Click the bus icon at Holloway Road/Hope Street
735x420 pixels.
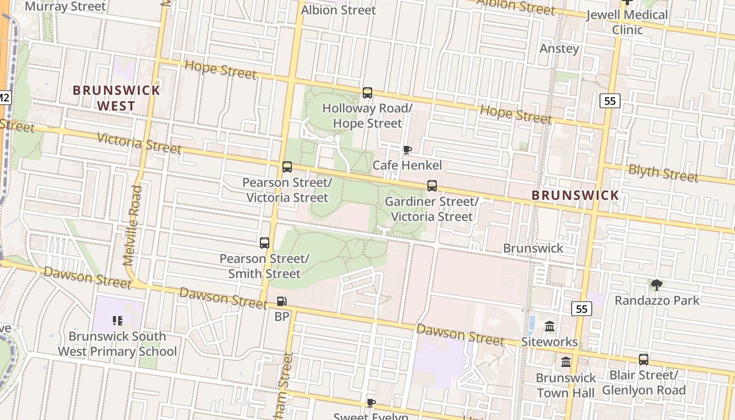tap(367, 93)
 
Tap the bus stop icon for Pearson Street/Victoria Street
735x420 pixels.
tap(287, 167)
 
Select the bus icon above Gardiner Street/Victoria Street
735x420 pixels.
tap(432, 186)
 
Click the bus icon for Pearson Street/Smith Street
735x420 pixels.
tap(265, 243)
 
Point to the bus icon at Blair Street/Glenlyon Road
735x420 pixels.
tap(644, 360)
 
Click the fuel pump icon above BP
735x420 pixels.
tap(282, 301)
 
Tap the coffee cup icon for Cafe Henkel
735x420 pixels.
tap(407, 150)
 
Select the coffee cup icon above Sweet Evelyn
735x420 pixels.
tap(371, 403)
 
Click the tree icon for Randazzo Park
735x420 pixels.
tap(656, 285)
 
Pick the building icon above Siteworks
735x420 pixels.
tap(550, 327)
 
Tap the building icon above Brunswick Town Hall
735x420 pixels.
tap(566, 362)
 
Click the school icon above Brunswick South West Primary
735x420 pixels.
tap(117, 320)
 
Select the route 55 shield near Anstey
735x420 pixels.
tap(610, 100)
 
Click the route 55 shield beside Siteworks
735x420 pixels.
tap(582, 309)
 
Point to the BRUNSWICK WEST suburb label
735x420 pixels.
tap(117, 98)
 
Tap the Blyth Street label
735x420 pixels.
tap(663, 173)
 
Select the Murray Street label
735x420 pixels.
tap(65, 7)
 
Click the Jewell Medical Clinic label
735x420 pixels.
tap(627, 22)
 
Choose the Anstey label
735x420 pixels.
tap(560, 49)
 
